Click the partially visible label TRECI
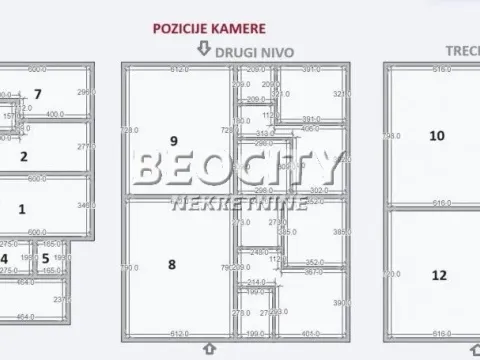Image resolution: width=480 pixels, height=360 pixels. click(461, 49)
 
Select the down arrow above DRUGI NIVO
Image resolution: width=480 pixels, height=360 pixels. click(204, 48)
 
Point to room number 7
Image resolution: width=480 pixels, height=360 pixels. click(37, 95)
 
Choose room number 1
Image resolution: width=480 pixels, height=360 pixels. click(22, 209)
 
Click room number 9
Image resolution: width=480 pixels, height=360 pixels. click(173, 140)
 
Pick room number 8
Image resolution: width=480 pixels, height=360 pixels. click(172, 264)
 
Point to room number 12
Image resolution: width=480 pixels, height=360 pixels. click(437, 275)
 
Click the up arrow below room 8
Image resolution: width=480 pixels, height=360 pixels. click(209, 348)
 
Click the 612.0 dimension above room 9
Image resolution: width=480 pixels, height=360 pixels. click(179, 70)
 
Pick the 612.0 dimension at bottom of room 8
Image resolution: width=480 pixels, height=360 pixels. click(179, 333)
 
